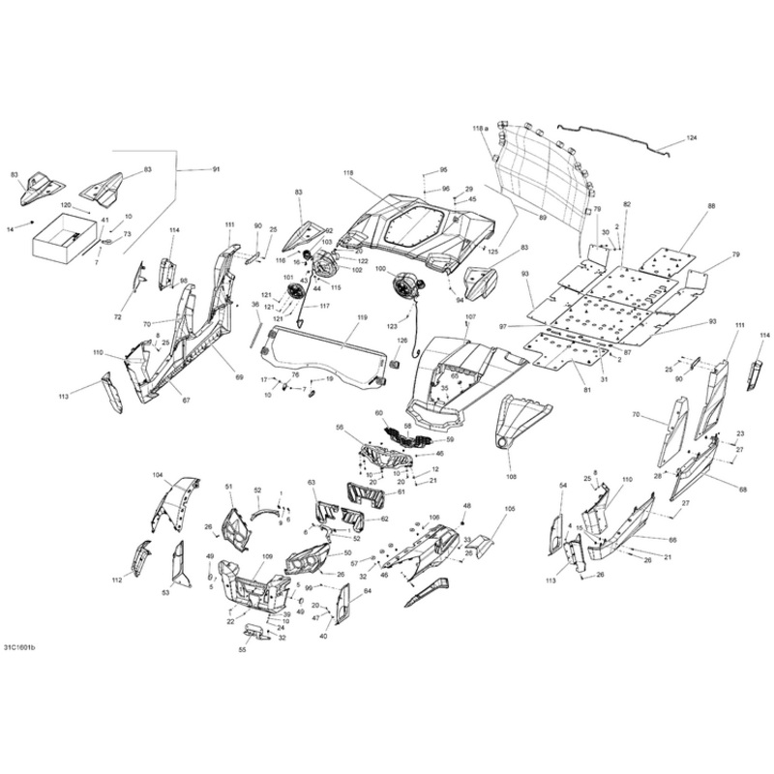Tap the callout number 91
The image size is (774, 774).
[216, 169]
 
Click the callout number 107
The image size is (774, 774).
[471, 317]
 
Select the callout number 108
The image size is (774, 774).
[512, 476]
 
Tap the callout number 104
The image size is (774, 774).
[158, 475]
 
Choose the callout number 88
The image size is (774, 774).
[711, 207]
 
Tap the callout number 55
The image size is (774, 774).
[242, 650]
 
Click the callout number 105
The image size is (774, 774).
[510, 508]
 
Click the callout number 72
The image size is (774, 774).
[118, 317]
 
